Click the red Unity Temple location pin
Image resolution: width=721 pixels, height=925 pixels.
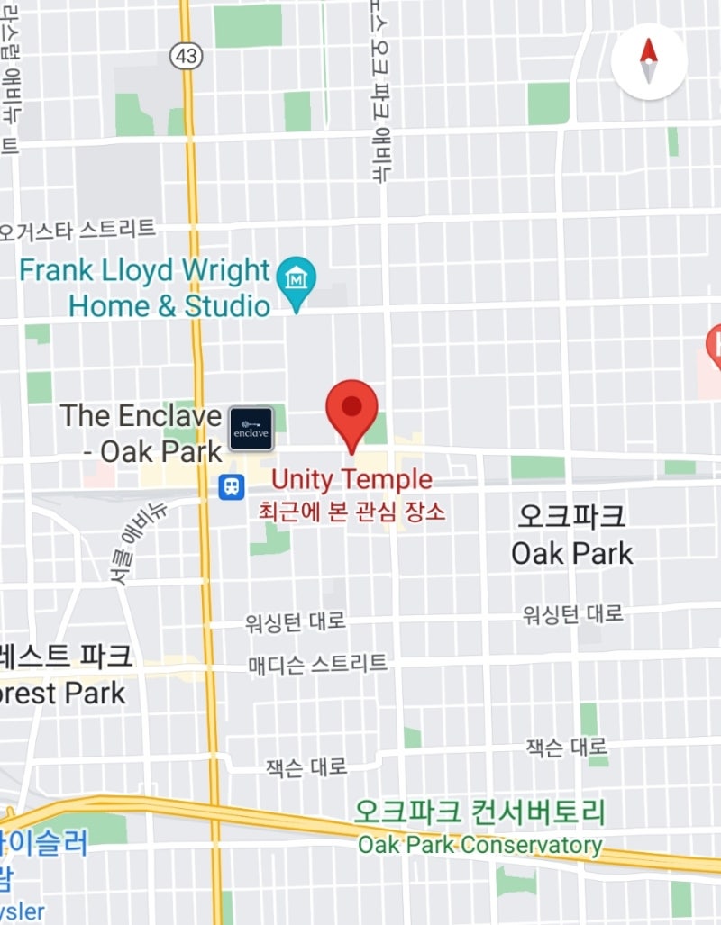(351, 410)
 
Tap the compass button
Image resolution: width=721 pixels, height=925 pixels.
(649, 61)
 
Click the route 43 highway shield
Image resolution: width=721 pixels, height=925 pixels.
(188, 56)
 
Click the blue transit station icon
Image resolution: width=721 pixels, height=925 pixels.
(233, 487)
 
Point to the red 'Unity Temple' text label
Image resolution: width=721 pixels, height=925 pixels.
(351, 479)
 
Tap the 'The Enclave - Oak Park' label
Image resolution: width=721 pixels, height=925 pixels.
(141, 432)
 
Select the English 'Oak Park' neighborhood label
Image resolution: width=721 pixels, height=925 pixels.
(571, 552)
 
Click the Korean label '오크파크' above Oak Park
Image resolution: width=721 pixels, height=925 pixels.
(571, 516)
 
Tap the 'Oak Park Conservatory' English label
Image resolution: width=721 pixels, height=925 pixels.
(479, 846)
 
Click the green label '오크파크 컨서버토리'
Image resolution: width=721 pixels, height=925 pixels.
(479, 813)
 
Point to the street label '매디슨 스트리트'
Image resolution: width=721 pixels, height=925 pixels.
(317, 665)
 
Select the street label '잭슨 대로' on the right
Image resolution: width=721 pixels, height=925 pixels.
(566, 747)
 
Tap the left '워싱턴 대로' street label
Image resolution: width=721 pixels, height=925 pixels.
(295, 621)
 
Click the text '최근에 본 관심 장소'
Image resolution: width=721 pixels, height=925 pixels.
(351, 512)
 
